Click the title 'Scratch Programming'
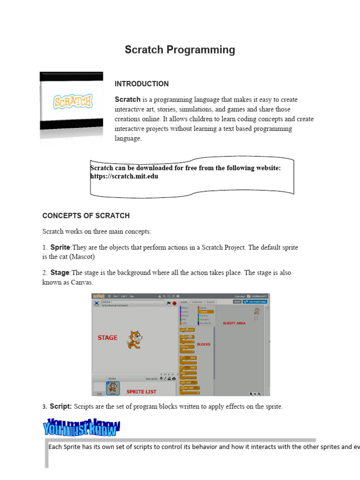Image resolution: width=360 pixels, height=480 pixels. (x=180, y=50)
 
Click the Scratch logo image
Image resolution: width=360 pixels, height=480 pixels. (x=72, y=102)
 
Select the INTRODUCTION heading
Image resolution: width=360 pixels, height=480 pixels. (x=142, y=84)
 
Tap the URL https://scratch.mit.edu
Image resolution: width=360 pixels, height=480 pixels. (x=124, y=176)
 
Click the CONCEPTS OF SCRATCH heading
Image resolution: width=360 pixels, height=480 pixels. (x=86, y=216)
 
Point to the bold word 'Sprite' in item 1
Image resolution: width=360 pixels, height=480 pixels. (x=60, y=247)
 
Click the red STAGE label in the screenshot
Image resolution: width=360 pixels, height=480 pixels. (x=107, y=337)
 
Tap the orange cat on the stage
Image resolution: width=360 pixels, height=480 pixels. (x=134, y=339)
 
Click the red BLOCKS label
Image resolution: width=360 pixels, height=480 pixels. (x=203, y=344)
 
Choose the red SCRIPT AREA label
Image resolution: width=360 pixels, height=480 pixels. (x=234, y=323)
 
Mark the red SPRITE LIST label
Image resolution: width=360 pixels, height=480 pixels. (x=142, y=391)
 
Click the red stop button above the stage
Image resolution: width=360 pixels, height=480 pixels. (x=174, y=303)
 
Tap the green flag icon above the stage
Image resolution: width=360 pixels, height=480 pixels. (x=168, y=303)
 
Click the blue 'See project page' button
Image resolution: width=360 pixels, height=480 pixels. (x=257, y=302)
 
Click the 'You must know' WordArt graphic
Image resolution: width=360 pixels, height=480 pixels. (x=82, y=427)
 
